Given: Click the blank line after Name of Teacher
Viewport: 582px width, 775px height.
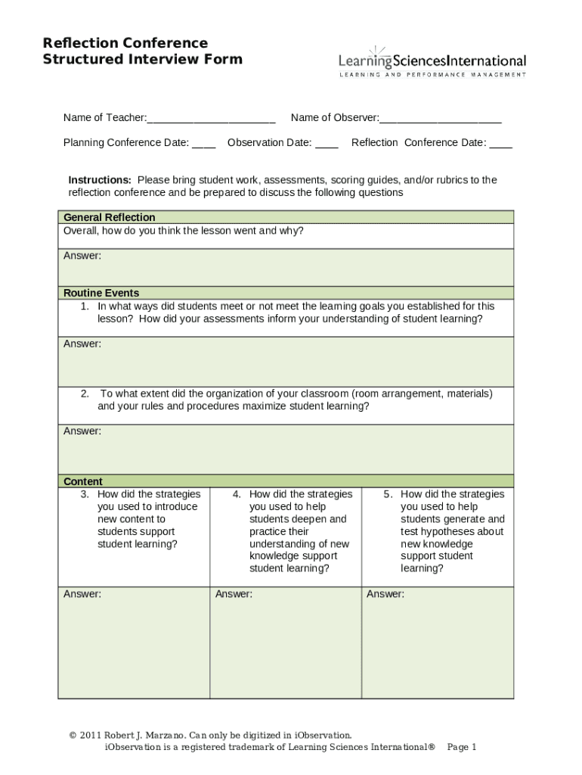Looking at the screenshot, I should click(211, 119).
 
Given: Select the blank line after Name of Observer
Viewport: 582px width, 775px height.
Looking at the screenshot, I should click(440, 119).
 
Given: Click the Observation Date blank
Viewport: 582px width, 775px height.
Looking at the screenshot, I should click(327, 144).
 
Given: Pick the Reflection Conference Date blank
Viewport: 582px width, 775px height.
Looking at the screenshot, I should click(500, 144).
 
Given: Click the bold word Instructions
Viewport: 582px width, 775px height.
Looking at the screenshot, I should click(100, 180).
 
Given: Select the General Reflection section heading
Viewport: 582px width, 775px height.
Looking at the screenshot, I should click(109, 217).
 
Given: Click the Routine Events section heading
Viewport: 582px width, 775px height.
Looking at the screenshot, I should click(101, 293).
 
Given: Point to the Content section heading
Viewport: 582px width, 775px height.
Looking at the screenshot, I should click(83, 481).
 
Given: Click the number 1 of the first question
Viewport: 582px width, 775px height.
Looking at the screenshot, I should click(85, 307).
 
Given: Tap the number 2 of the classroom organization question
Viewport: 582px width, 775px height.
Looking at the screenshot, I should click(85, 394).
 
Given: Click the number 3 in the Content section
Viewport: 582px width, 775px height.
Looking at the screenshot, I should click(85, 494).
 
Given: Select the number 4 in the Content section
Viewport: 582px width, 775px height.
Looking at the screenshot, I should click(237, 494).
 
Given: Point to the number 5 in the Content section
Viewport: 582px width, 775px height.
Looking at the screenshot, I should click(388, 494).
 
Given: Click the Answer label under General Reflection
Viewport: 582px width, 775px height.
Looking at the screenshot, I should click(82, 256).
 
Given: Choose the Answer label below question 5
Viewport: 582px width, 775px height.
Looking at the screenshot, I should click(385, 594).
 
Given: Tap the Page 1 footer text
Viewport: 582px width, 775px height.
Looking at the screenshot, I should click(462, 747).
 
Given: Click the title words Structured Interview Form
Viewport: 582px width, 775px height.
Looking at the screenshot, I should click(143, 59).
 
